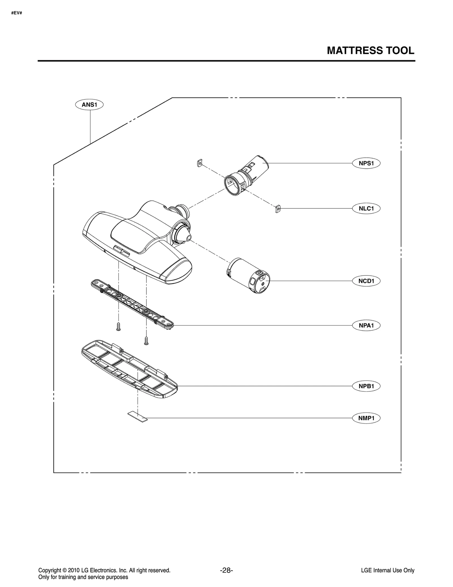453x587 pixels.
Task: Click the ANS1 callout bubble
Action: click(89, 105)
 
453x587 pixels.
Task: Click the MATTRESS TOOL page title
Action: click(370, 51)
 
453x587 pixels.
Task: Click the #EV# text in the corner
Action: click(17, 13)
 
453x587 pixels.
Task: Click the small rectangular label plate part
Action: click(138, 417)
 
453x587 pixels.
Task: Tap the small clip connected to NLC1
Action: click(278, 209)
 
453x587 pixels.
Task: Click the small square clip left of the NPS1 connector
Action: click(200, 163)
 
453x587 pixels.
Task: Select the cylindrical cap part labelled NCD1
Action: click(249, 276)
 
